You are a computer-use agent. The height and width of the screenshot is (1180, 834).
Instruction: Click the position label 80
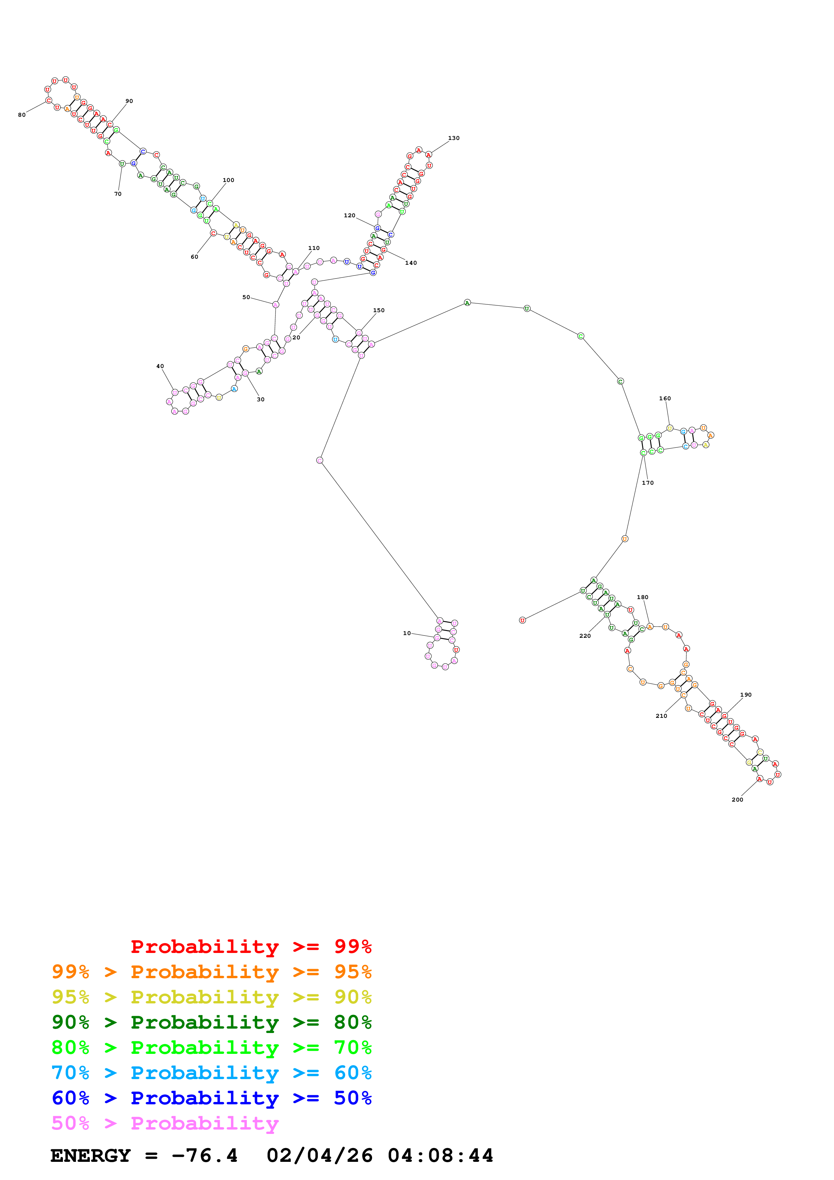click(x=22, y=115)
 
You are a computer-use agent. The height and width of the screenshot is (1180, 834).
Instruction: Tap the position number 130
click(x=454, y=138)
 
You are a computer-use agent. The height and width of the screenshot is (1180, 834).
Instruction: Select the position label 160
click(x=665, y=398)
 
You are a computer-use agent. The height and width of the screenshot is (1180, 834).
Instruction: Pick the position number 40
click(x=160, y=366)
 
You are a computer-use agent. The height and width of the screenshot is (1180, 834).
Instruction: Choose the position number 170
click(x=648, y=483)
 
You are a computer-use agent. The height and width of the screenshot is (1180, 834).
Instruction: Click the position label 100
click(x=229, y=180)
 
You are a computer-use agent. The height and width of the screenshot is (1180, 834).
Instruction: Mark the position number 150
click(x=379, y=310)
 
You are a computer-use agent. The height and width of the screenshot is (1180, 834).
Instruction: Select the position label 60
click(x=194, y=257)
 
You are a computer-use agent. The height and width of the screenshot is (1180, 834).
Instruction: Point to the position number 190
click(x=746, y=695)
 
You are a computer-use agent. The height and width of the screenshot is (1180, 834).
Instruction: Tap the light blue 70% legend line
click(x=212, y=1073)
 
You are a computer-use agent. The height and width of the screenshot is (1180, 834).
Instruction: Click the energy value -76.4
click(x=205, y=1155)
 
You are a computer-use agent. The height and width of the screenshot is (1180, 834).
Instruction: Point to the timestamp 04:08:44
click(x=440, y=1155)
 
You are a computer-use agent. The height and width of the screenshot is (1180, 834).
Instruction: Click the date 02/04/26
click(x=320, y=1155)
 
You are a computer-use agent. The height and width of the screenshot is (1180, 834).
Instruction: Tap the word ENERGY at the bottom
click(x=90, y=1155)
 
